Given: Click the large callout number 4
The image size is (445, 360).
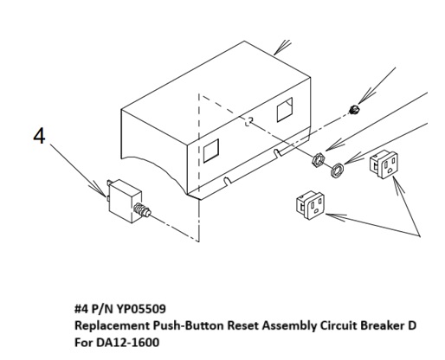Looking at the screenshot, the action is coord(39,136).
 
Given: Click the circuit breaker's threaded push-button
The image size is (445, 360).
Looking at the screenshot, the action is coord(143,210).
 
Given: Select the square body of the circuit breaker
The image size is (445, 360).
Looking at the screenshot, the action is coord(126,201).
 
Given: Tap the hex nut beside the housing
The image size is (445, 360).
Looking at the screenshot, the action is coord(319,159).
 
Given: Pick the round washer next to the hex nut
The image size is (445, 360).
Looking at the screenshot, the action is coord(337,170).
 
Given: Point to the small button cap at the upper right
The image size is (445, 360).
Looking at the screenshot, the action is coord(354,109).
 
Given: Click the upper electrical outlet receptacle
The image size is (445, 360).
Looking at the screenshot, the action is coord(384,164).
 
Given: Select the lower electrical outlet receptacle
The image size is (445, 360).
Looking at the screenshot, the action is coord(310,205).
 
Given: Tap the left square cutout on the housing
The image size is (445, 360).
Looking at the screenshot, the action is coord(211,151).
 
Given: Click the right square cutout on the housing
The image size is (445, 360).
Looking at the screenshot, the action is coord(285,110).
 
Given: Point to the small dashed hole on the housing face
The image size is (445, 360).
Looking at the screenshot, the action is coord(249,121).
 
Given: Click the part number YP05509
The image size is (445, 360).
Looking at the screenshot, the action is coord(141,309).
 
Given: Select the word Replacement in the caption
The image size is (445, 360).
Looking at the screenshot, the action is coord(113,326).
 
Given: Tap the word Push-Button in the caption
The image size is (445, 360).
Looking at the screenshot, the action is coord(189,325).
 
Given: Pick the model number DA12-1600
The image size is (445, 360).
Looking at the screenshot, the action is coord(128,343).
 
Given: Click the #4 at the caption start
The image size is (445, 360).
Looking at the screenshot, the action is coord(81,309).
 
